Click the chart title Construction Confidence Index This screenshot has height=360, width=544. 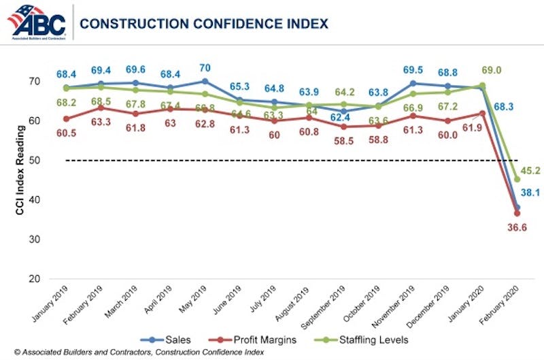pos(203,24)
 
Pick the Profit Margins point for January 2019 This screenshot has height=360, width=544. pos(47,118)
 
